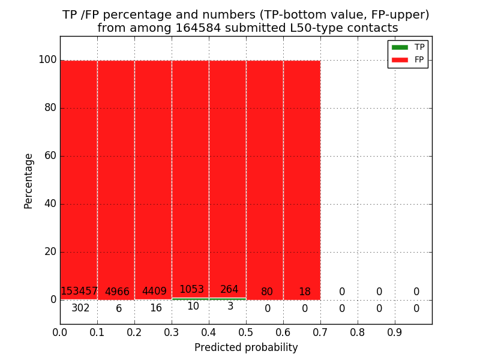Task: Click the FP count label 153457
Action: click(79, 292)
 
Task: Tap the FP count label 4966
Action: click(117, 292)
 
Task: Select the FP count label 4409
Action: click(154, 292)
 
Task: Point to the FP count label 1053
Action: click(191, 290)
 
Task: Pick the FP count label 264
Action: click(229, 290)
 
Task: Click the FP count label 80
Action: click(267, 292)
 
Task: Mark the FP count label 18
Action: click(305, 292)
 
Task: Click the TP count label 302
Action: click(80, 308)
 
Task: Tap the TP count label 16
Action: click(156, 308)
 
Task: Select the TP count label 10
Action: click(193, 307)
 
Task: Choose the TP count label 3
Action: click(230, 307)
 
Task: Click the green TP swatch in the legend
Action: click(400, 47)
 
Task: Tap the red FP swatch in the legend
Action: click(400, 60)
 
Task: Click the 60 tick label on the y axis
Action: click(50, 156)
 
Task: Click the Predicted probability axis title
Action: click(246, 348)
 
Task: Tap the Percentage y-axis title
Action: click(29, 181)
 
